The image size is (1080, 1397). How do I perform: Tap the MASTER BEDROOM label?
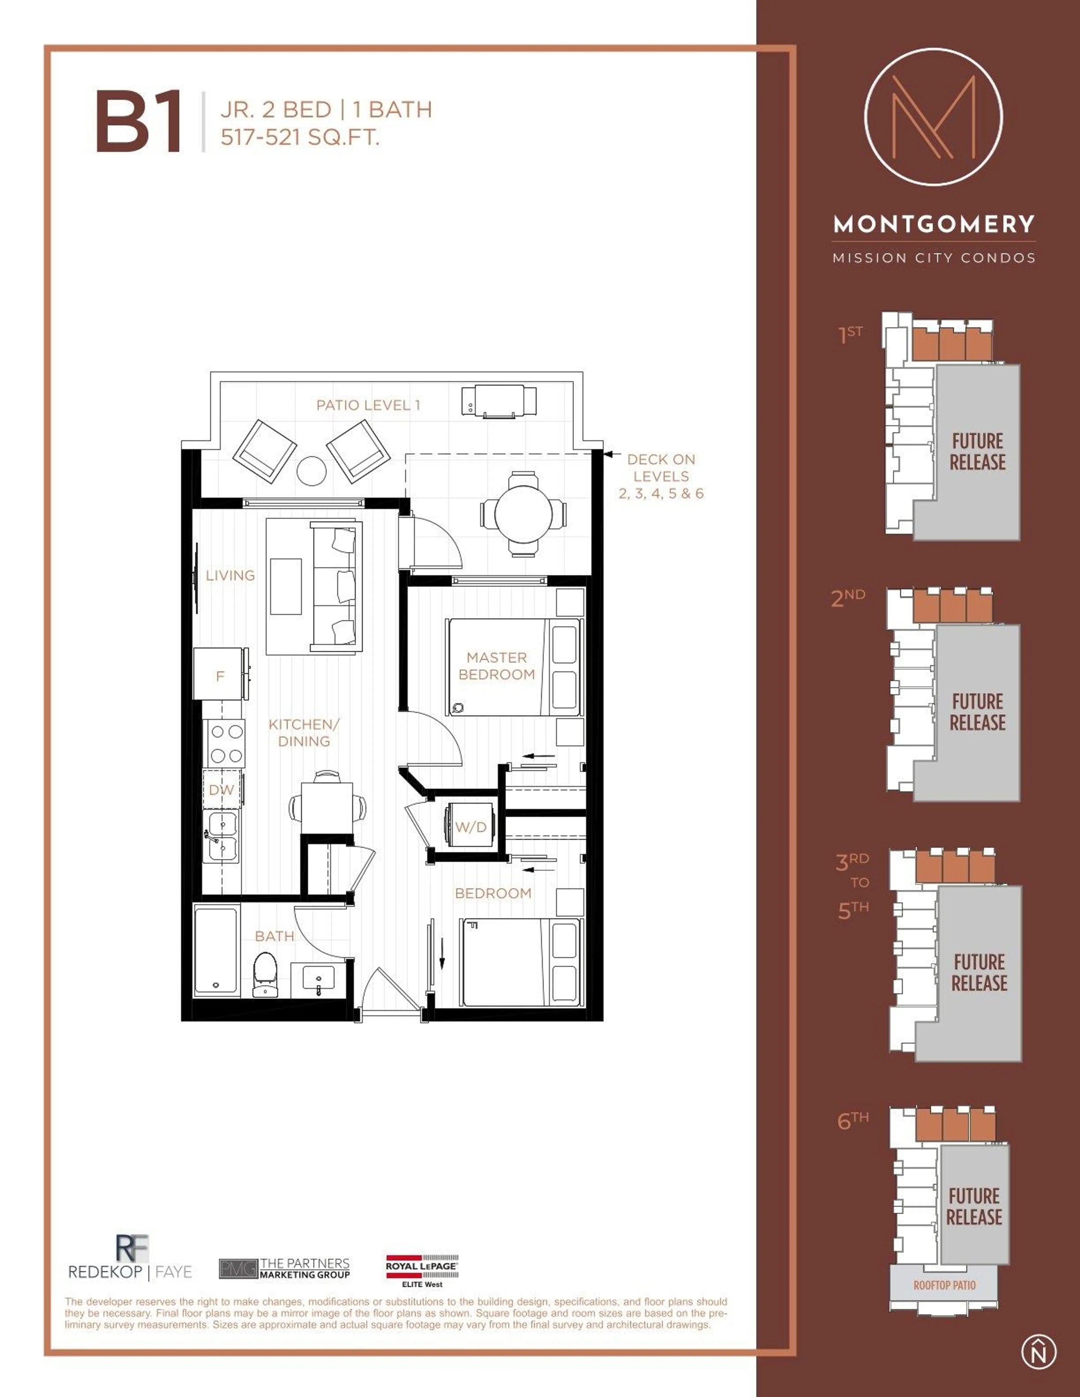(496, 666)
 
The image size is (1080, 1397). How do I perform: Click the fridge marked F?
(219, 676)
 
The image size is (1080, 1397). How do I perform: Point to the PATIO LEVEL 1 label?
(368, 405)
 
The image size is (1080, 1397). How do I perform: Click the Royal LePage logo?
(422, 1270)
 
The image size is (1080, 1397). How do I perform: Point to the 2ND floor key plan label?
(848, 597)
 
